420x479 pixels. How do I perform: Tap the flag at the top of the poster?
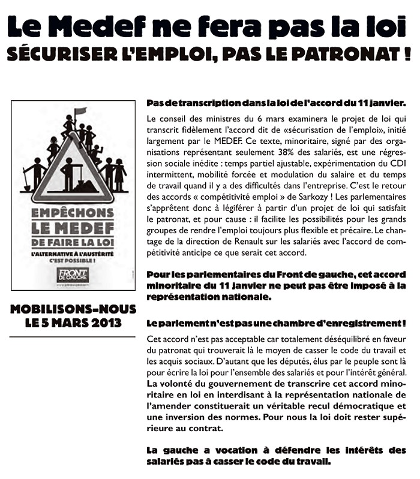[80, 111]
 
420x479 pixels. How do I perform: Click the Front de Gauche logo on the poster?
[74, 275]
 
